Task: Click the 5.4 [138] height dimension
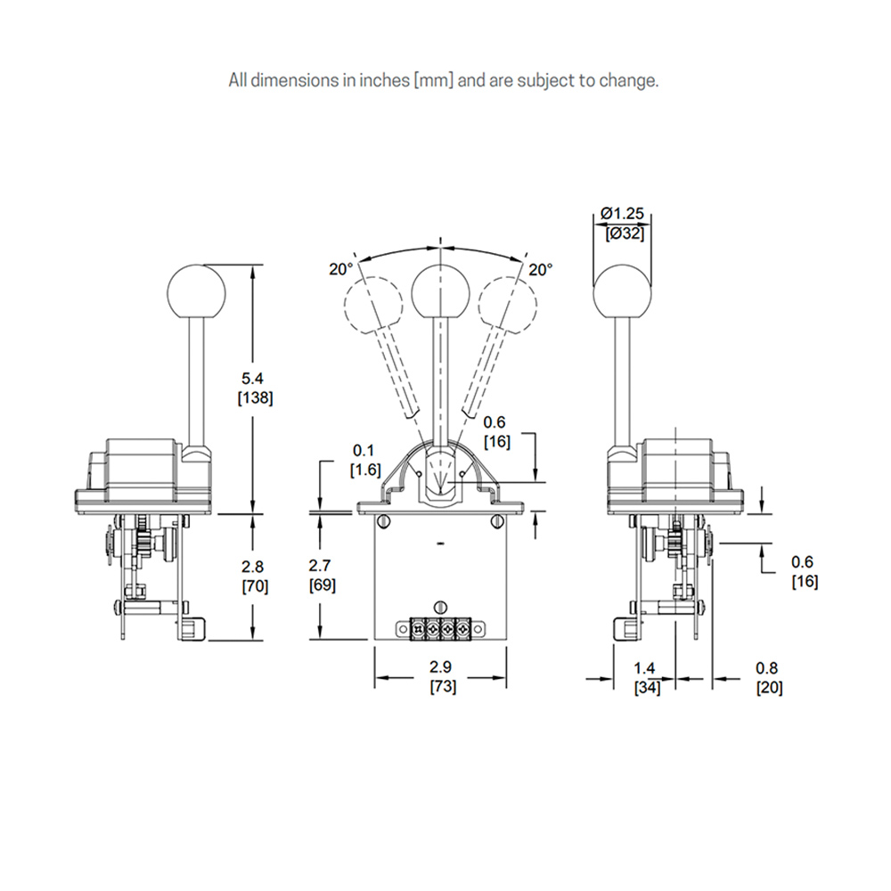[x=255, y=389]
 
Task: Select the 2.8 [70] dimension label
[x=255, y=576]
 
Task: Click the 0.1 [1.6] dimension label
[x=365, y=461]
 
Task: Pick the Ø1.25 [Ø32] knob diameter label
[x=623, y=223]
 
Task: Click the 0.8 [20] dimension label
[x=769, y=678]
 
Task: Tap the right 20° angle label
[x=540, y=268]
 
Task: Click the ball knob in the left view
[x=197, y=292]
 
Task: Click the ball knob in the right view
[x=623, y=292]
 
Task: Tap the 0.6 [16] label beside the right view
[x=805, y=572]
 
